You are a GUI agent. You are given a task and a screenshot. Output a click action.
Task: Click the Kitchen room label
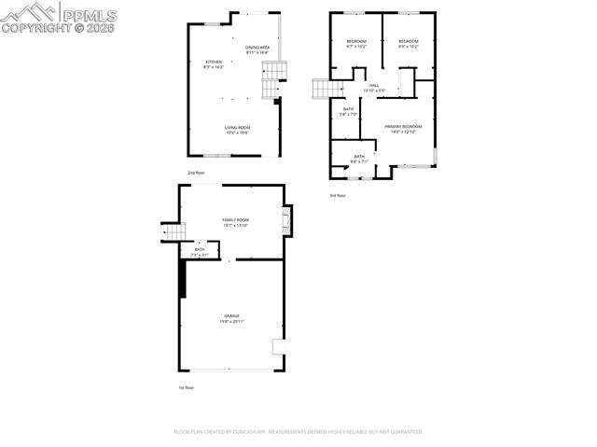pos(214,64)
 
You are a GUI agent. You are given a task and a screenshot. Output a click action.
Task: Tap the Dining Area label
pos(257,50)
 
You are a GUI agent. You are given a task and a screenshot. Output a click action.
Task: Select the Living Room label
pos(237,130)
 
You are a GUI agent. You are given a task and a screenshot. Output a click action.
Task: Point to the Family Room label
pos(235,220)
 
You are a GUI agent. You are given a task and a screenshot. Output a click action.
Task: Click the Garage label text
pos(230,318)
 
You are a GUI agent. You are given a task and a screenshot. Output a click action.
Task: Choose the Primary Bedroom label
pos(403,129)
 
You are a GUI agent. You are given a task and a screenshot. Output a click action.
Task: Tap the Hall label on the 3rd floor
pos(373,88)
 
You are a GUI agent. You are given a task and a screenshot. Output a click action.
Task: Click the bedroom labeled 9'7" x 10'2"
pos(356,44)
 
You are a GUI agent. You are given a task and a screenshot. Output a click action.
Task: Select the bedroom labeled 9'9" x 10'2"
pos(409,44)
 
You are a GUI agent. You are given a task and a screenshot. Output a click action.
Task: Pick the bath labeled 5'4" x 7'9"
pos(348,112)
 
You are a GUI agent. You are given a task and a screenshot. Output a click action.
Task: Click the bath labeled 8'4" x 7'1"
pos(359,159)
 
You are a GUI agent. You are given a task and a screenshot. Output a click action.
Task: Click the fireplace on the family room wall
pos(287,220)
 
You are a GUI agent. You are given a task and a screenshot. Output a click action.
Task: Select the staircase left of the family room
pos(174,230)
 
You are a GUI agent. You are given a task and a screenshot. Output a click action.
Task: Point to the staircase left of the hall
pos(322,89)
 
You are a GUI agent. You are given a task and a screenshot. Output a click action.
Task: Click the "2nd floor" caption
pos(196,173)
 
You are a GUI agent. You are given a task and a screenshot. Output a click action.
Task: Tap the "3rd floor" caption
pos(337,195)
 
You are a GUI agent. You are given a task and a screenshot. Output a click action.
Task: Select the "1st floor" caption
pos(186,386)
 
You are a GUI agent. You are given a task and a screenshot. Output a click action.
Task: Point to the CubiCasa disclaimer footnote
pos(298,432)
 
